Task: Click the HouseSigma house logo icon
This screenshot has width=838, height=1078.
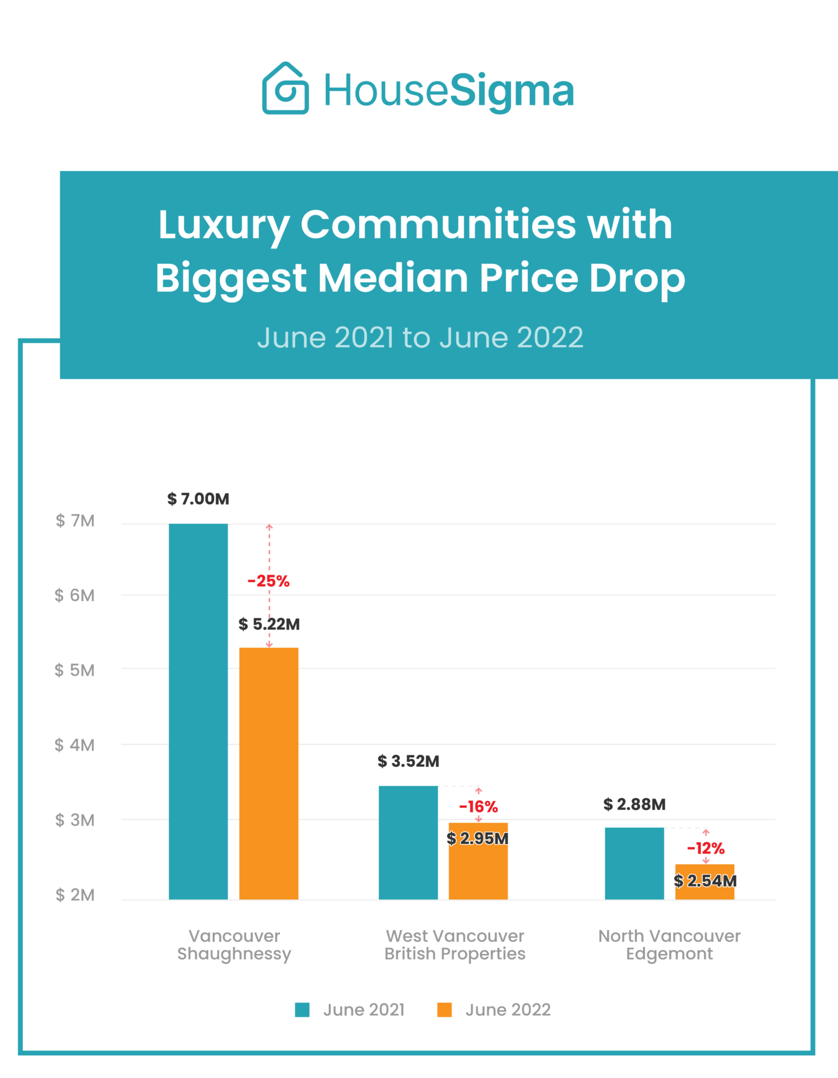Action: [285, 88]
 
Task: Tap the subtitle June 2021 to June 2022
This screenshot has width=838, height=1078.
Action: [420, 338]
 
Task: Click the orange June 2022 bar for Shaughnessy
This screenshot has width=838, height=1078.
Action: [269, 774]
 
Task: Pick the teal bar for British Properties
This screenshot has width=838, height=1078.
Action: [408, 842]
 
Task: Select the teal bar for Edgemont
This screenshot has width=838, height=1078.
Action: [634, 863]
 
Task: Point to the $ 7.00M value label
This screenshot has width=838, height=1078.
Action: [198, 499]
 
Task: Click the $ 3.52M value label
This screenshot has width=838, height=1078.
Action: [409, 761]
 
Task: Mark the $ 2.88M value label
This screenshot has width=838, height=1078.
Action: [634, 804]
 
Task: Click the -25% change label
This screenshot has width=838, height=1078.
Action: [268, 581]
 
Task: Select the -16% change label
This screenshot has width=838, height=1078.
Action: [478, 807]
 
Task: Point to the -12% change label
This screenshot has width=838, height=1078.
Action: [706, 848]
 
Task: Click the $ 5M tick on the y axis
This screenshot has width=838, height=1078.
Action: [74, 670]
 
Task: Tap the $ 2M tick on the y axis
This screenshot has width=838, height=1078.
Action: [74, 895]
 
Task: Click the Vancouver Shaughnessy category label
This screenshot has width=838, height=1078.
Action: [234, 945]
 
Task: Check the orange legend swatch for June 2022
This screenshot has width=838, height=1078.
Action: [445, 1010]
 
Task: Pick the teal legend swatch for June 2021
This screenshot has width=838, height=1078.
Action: [302, 1010]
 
